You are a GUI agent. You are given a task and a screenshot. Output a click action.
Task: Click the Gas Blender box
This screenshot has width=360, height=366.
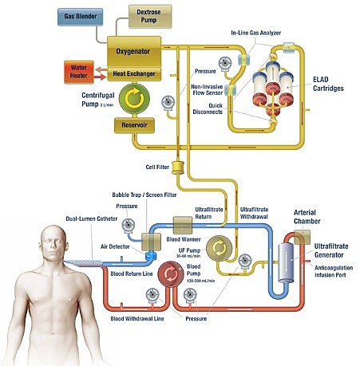[82, 16]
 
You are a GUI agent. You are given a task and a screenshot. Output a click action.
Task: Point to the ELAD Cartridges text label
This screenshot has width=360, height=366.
[326, 84]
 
